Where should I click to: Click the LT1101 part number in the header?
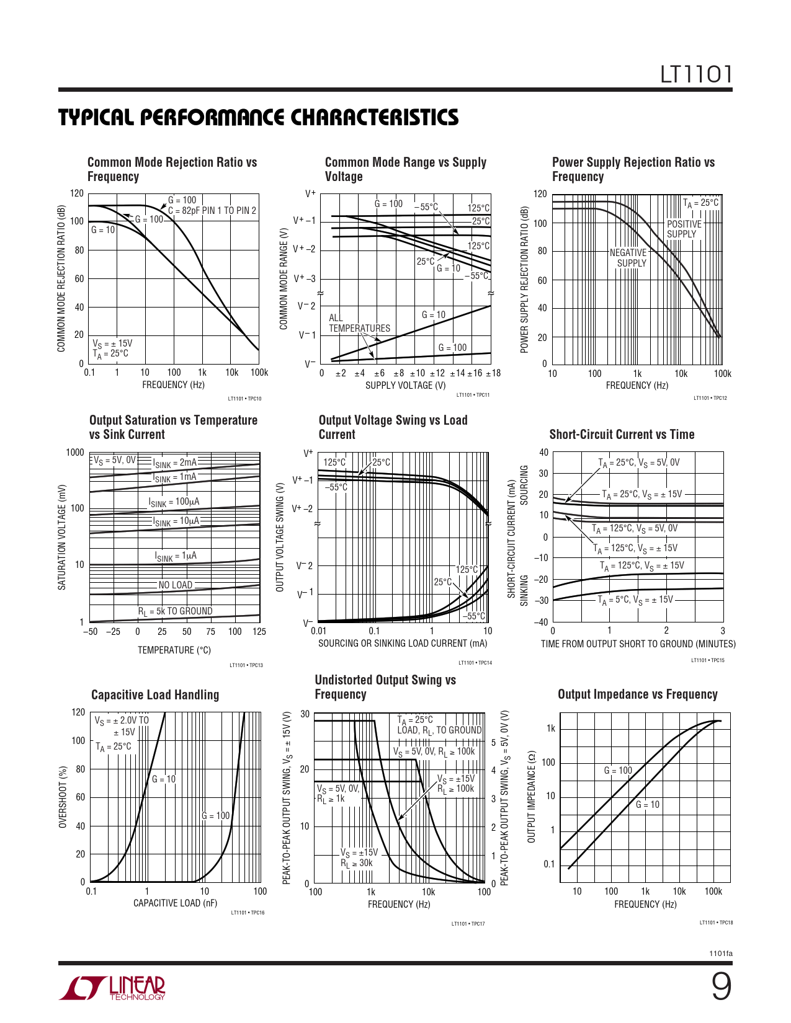point(695,75)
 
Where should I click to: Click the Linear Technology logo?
point(112,988)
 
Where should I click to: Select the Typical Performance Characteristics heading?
point(259,118)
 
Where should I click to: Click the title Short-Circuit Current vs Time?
point(622,435)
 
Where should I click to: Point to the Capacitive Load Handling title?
point(155,695)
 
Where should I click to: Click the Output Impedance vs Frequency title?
point(638,694)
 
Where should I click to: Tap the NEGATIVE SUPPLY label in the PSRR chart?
point(628,258)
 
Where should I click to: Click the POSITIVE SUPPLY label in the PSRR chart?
point(684,229)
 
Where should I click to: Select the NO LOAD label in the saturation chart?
point(176,585)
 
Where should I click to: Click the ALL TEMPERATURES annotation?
point(359,323)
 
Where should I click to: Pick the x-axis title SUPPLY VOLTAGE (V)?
point(405,385)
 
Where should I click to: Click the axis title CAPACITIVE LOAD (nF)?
point(176,903)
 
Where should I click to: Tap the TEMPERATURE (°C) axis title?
point(174,650)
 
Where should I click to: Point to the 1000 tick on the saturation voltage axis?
point(75,453)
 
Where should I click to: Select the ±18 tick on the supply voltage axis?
point(493,373)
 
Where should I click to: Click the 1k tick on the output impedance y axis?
point(550,728)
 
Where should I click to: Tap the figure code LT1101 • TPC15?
point(707,660)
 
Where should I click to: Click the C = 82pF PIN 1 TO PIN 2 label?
point(212,211)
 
